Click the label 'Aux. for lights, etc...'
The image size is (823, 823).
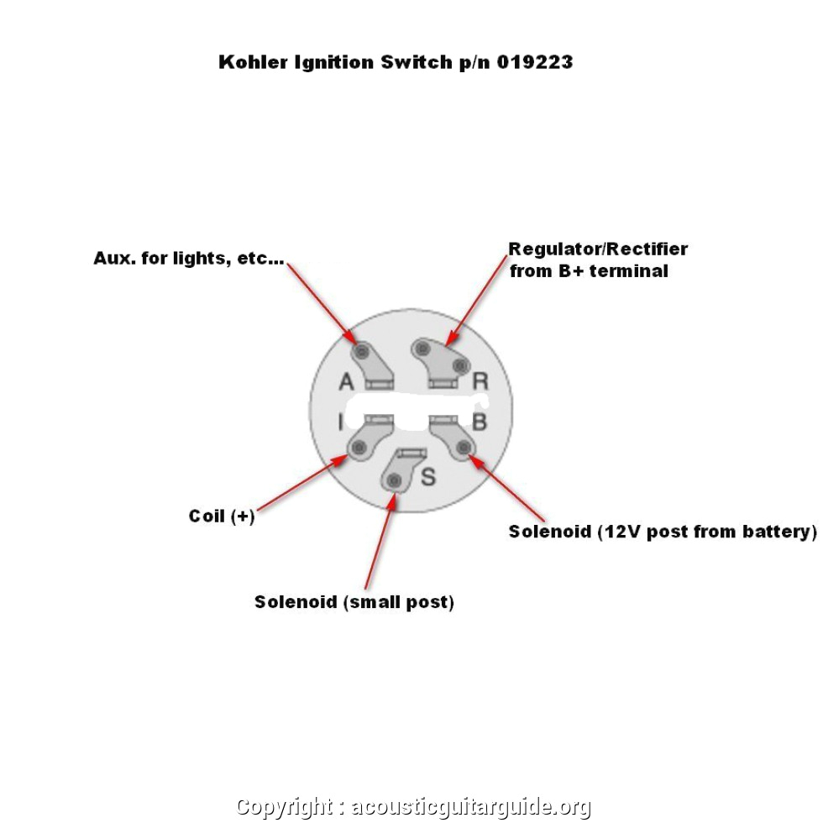click(x=188, y=259)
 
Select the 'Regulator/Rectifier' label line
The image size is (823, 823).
click(x=598, y=249)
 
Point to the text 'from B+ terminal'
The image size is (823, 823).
click(x=589, y=271)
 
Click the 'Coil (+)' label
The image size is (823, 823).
click(x=221, y=516)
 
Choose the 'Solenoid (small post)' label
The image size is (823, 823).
click(x=354, y=602)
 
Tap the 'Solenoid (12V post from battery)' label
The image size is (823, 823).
click(x=662, y=532)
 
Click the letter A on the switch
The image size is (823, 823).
click(x=346, y=382)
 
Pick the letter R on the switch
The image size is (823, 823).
click(x=480, y=381)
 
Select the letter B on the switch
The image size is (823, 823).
click(x=480, y=421)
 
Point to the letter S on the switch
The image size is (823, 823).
click(x=428, y=477)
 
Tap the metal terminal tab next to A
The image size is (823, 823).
click(x=374, y=364)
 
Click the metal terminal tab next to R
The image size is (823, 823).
click(x=439, y=361)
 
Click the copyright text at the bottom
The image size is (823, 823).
click(x=413, y=807)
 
